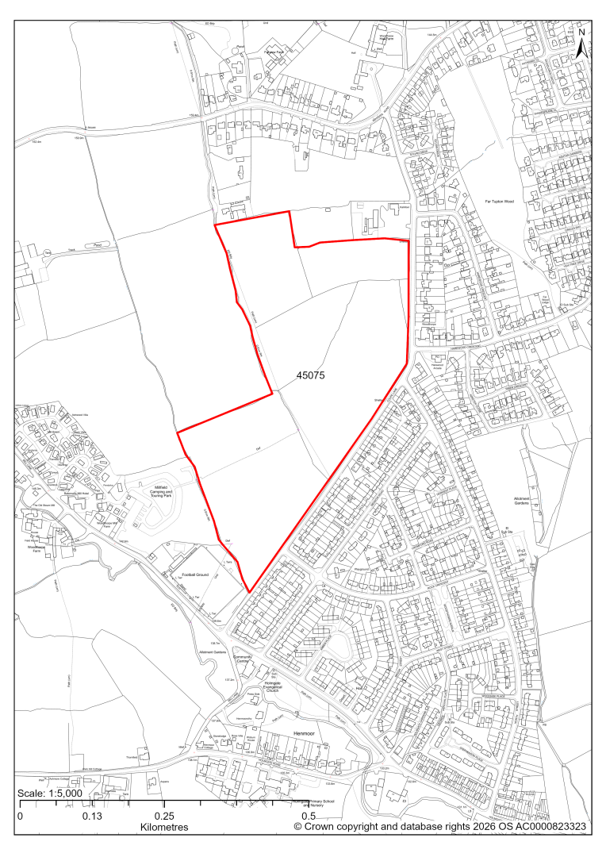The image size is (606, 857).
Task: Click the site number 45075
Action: pos(312,380)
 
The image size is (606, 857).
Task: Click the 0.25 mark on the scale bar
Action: pos(164,816)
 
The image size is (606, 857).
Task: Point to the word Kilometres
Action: pos(163,828)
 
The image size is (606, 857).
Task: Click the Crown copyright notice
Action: pos(440,827)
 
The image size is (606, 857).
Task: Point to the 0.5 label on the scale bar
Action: pos(311,816)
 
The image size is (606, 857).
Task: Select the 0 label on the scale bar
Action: pos(20,816)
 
